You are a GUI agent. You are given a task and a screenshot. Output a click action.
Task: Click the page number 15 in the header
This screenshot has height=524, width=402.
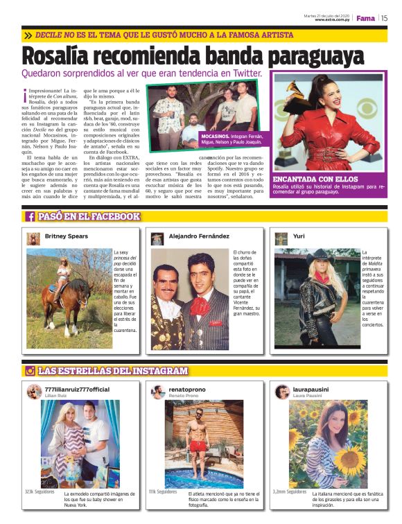point(384,18)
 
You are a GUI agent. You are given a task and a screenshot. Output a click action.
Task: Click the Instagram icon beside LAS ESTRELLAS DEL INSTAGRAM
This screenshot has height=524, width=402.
point(30,371)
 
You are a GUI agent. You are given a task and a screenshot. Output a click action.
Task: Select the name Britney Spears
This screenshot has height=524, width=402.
point(67,236)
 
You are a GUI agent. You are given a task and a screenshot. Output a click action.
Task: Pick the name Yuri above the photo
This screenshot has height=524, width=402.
point(299,236)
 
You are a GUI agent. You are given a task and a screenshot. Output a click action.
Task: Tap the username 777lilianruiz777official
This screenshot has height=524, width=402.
point(77,390)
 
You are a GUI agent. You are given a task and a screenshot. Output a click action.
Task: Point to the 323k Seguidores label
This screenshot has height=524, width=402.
point(40,491)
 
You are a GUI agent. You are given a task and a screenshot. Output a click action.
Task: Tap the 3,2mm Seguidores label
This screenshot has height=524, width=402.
point(290,491)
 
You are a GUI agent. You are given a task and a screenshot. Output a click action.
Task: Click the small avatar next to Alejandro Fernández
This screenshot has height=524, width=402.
point(157,238)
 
